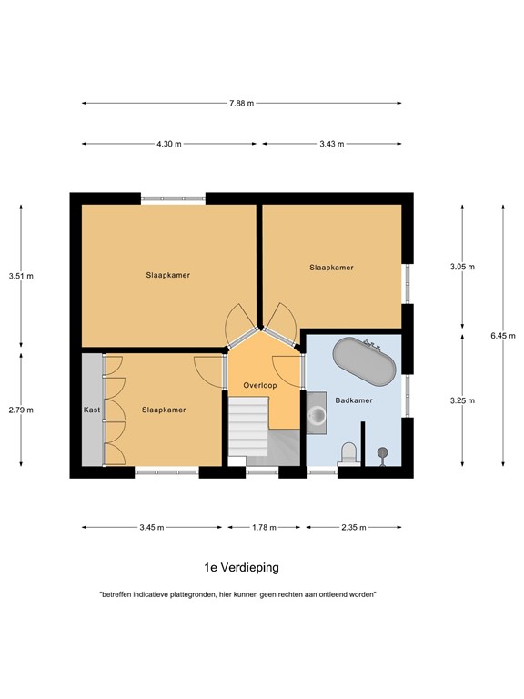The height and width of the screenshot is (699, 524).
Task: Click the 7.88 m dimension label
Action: pos(241,103)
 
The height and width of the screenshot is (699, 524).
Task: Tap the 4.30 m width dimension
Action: pos(168,144)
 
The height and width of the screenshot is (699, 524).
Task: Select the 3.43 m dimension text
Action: pos(331,144)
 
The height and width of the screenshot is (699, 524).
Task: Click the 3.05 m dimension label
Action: pos(463,267)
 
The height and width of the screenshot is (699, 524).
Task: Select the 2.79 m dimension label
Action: pos(21,410)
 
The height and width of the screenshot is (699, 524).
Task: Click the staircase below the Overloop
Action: pos(248,432)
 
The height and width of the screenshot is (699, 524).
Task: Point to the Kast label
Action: pos(92,410)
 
